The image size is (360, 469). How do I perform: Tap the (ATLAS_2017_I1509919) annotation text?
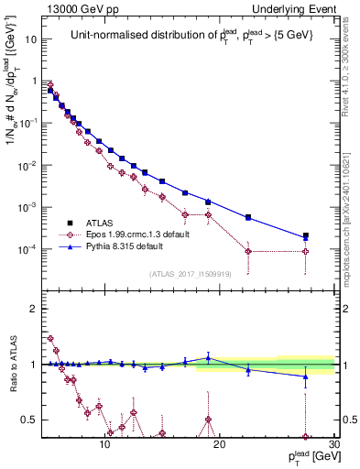coord(190,274)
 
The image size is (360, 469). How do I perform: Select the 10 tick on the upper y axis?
coord(32,39)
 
